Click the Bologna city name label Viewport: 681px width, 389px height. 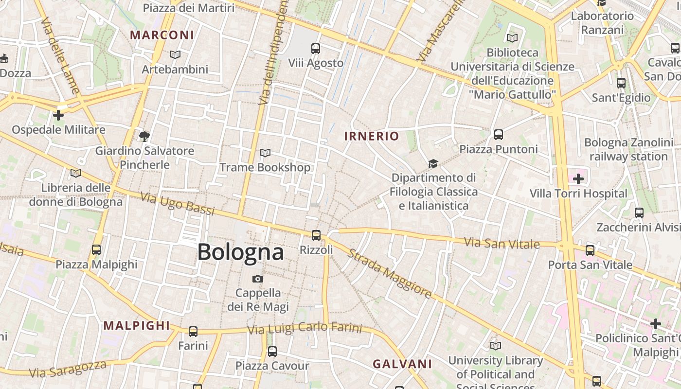[240, 252]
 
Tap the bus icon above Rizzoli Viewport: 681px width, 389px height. [316, 235]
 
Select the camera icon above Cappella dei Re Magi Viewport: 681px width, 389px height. [258, 279]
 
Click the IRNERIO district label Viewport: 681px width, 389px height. [371, 136]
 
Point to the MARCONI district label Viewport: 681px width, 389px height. [162, 35]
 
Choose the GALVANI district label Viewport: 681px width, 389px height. [402, 364]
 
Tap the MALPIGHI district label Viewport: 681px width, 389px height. [137, 326]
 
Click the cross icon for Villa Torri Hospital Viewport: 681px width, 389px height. [578, 179]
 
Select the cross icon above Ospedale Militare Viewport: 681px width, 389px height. [58, 115]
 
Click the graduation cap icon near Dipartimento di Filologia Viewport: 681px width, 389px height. [433, 163]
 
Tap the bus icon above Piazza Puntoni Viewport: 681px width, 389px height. [499, 135]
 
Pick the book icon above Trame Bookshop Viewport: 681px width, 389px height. [265, 153]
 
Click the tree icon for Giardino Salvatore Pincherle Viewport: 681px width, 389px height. [144, 136]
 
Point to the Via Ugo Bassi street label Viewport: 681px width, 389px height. [178, 204]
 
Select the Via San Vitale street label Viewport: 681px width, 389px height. [502, 243]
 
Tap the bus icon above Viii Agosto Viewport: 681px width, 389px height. [316, 49]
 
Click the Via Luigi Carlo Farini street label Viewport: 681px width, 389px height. [305, 329]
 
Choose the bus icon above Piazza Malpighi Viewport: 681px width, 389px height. [96, 250]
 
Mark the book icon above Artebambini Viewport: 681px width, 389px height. [175, 54]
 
